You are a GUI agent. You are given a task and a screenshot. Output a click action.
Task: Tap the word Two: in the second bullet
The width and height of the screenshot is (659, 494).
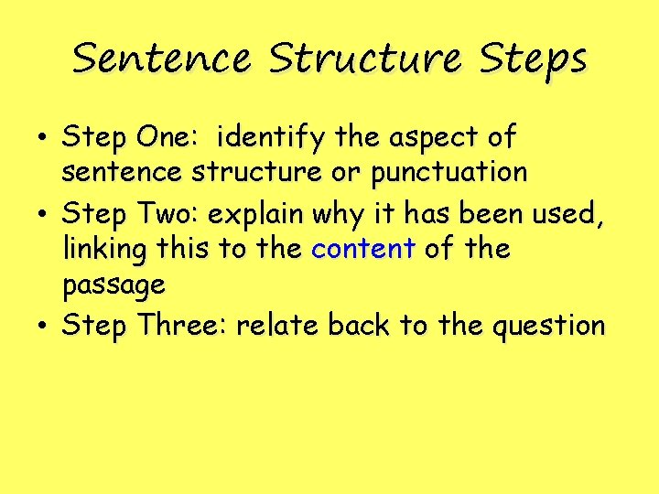coord(167,214)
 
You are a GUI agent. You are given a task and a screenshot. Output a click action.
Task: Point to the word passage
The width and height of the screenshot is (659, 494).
coord(113,286)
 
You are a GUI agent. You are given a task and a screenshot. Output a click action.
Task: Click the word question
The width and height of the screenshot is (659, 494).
coord(548,327)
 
